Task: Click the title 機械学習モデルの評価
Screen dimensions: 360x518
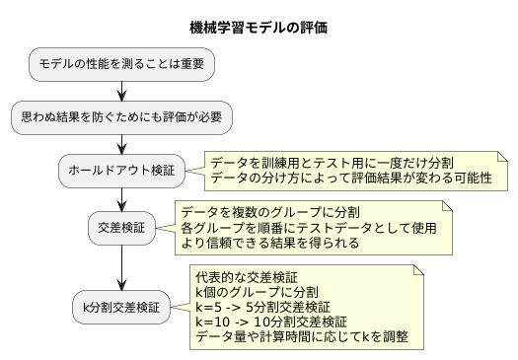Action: pos(259,29)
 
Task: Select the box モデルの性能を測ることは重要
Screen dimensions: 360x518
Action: pos(121,64)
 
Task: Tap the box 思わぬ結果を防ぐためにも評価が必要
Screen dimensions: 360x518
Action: pos(121,117)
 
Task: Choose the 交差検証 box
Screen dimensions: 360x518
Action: pos(121,227)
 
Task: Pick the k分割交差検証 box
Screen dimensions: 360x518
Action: pos(121,306)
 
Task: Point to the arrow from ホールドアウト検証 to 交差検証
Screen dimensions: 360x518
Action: pos(121,199)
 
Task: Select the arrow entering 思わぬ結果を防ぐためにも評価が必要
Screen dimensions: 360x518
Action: pos(121,91)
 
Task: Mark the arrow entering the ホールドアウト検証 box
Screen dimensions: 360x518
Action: pos(121,144)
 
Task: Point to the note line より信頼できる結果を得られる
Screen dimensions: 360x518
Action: pos(269,243)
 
